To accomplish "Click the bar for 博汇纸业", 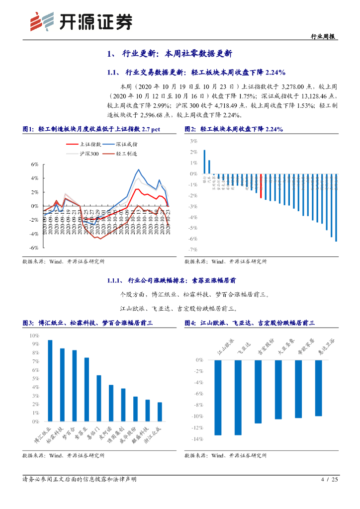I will tap(50, 381).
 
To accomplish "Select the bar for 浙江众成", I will tap(160, 412).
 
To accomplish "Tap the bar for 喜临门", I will tap(98, 398).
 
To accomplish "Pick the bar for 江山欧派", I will tap(218, 398).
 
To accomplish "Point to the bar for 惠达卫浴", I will tap(319, 388).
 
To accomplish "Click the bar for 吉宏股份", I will tap(258, 392).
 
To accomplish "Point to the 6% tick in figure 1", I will tap(34, 164).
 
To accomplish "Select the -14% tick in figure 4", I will tap(196, 439).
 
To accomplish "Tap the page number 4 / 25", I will tap(330, 479).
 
